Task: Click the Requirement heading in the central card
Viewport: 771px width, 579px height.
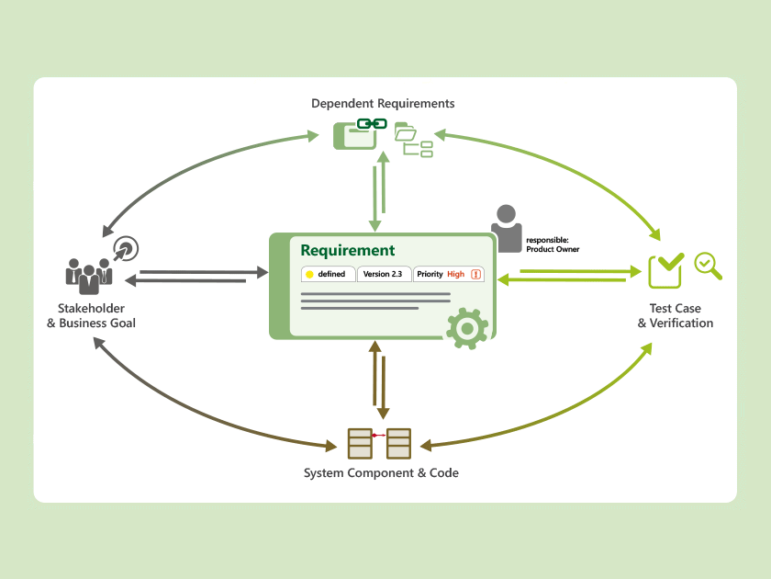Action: click(347, 250)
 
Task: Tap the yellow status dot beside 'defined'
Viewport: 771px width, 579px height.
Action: click(309, 274)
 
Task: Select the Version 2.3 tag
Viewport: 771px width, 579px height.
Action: click(383, 274)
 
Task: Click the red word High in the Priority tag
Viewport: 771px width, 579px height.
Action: click(455, 274)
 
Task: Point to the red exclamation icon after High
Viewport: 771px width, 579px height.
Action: click(476, 274)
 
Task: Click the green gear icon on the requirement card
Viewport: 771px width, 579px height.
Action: click(466, 327)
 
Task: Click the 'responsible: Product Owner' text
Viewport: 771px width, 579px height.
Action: click(553, 244)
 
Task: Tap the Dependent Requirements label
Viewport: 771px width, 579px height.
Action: click(383, 103)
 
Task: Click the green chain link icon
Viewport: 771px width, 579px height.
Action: click(372, 124)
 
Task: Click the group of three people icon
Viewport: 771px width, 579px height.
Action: click(88, 275)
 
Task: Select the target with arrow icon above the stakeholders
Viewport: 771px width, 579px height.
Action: click(126, 248)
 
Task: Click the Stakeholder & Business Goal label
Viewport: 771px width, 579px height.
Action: click(91, 315)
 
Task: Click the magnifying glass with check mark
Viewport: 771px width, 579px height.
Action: click(708, 266)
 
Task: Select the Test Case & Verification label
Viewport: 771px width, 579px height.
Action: click(675, 315)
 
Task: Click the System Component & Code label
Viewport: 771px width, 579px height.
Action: click(381, 472)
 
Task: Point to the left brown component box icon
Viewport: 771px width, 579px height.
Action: click(360, 443)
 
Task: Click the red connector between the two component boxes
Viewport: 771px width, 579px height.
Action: click(379, 435)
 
